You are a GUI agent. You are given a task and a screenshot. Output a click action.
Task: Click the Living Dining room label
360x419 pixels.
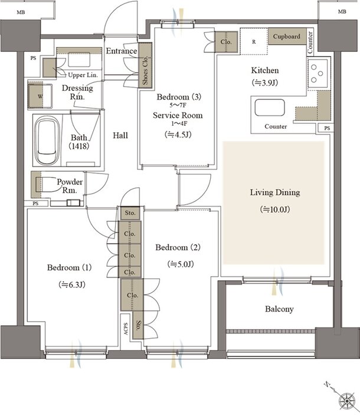[275, 192]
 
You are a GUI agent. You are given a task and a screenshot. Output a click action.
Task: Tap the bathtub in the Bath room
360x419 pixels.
[48, 141]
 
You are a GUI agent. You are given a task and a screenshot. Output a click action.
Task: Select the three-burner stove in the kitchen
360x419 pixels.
[318, 73]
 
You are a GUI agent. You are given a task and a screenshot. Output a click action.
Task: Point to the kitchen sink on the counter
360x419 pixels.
[270, 107]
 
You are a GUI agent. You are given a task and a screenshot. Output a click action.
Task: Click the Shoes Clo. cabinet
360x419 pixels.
[145, 65]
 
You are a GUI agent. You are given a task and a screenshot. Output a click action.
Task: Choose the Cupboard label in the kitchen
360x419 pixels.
[286, 37]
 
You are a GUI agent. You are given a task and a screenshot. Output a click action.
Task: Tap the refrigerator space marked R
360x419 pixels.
[254, 41]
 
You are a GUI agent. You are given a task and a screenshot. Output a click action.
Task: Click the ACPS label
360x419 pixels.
[126, 329]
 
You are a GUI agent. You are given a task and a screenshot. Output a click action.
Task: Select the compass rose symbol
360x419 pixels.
[347, 401]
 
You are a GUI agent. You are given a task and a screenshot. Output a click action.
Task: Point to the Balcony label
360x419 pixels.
[279, 309]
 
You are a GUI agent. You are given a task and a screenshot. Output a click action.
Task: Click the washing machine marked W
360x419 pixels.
[40, 96]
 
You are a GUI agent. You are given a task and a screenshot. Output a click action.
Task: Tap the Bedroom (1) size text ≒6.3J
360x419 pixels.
[72, 285]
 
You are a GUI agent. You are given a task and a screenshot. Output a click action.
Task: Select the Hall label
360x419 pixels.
[120, 135]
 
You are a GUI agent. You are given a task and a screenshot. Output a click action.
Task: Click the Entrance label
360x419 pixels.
[122, 51]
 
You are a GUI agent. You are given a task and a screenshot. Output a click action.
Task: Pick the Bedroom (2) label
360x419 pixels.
[178, 247]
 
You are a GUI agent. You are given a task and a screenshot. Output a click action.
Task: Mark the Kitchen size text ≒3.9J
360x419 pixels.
[265, 83]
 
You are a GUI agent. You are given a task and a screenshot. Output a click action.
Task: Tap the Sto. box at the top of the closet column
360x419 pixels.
[130, 213]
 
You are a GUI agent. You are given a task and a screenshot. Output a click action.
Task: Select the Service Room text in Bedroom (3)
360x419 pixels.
[178, 115]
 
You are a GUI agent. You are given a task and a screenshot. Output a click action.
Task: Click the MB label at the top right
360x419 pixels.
[342, 12]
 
